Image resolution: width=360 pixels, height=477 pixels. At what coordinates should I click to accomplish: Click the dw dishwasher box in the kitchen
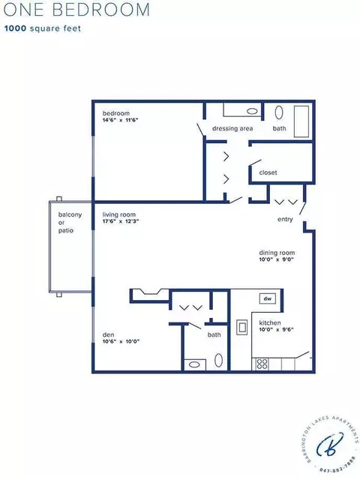click(268, 298)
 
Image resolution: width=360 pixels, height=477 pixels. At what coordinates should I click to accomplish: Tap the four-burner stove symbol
click(262, 364)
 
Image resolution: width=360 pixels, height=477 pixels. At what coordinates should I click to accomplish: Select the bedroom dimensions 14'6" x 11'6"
click(121, 120)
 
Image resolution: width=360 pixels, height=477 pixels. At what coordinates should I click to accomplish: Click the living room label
click(119, 214)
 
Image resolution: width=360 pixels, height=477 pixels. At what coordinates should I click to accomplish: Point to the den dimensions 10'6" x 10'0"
click(121, 341)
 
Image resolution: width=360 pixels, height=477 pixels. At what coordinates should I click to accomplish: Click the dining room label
click(277, 253)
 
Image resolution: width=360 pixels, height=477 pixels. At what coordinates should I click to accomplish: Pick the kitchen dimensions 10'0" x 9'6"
click(276, 329)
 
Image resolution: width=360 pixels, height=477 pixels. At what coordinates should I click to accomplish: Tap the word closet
click(268, 172)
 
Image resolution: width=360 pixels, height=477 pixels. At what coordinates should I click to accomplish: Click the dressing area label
click(232, 128)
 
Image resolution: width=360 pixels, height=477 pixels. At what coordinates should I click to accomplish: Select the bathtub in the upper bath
click(301, 121)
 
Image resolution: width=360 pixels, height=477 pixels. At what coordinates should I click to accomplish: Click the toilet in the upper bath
click(279, 112)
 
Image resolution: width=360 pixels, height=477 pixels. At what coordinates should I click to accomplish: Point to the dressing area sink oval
click(252, 111)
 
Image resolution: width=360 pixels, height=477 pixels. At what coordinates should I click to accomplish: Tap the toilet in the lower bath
click(218, 360)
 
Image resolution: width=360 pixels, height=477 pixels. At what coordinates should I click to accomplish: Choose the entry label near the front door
click(285, 219)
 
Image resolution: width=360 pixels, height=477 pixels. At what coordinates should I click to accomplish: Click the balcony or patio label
click(70, 223)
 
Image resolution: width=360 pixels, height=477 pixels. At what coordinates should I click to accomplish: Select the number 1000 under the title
click(15, 28)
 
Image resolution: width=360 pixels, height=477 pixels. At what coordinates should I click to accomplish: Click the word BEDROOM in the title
click(101, 10)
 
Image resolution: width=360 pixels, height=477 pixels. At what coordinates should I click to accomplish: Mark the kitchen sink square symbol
click(242, 327)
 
